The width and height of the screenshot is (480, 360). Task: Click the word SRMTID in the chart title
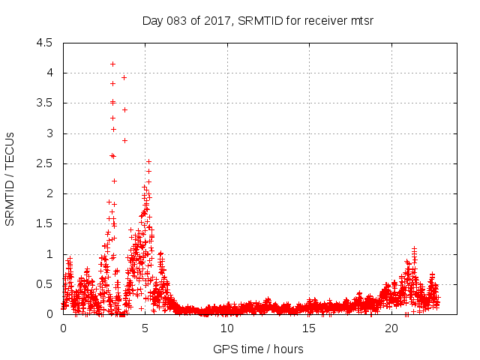[259, 20]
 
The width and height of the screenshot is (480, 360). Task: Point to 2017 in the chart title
[217, 20]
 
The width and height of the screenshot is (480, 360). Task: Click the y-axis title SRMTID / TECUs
[10, 178]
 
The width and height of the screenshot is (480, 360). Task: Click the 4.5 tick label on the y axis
[44, 43]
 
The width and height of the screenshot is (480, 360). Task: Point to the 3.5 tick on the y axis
[44, 103]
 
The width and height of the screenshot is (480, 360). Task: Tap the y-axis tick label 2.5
[44, 163]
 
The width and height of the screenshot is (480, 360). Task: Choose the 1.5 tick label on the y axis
[44, 224]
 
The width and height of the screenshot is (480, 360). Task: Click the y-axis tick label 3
[49, 133]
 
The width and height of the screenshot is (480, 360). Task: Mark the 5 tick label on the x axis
[145, 328]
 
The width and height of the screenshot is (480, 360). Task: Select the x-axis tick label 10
[227, 328]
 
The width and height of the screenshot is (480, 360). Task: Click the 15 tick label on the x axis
[310, 328]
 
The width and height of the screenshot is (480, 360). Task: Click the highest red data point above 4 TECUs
[112, 64]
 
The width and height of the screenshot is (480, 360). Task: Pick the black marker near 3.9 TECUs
[124, 77]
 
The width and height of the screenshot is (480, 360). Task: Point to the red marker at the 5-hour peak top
[148, 161]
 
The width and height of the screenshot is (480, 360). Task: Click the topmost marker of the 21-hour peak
[414, 248]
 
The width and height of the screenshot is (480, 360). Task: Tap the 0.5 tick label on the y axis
[44, 284]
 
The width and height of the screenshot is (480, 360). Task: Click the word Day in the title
[152, 20]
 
